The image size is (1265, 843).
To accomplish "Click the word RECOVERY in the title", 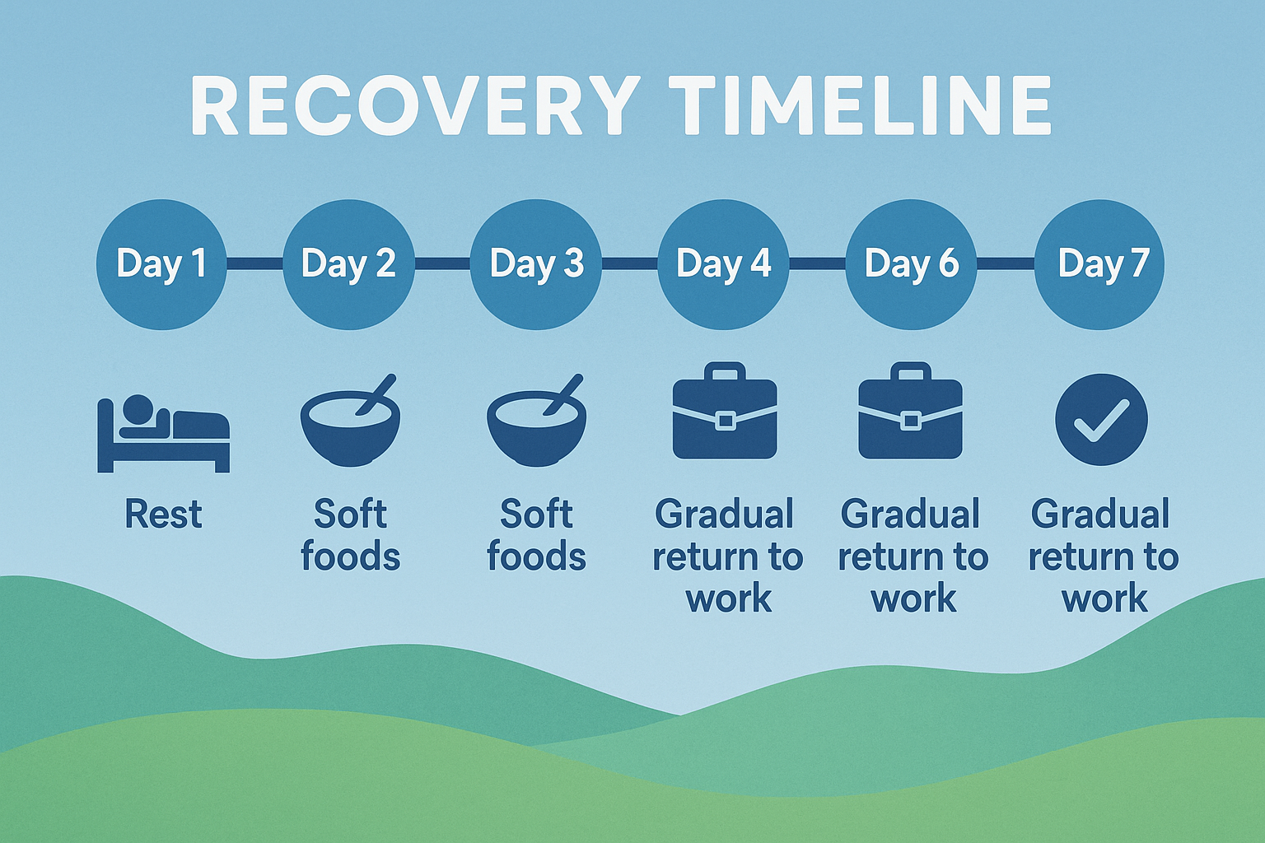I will pyautogui.click(x=415, y=106).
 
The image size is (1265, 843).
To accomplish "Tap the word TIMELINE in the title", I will pyautogui.click(x=860, y=106).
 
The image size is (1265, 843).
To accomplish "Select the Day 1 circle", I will pyautogui.click(x=161, y=264).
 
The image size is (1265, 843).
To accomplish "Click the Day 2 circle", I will pyautogui.click(x=348, y=264).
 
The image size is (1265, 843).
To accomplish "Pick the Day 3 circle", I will pyautogui.click(x=536, y=264).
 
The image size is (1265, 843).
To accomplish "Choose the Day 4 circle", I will pyautogui.click(x=723, y=264).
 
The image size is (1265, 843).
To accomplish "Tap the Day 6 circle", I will pyautogui.click(x=911, y=264).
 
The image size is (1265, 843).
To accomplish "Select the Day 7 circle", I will pyautogui.click(x=1099, y=264).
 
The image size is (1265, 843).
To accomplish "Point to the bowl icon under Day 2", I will pyautogui.click(x=350, y=424).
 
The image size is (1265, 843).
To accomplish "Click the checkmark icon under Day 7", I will pyautogui.click(x=1101, y=419).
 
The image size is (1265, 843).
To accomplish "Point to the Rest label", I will pyautogui.click(x=163, y=515).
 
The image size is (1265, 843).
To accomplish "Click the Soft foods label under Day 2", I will pyautogui.click(x=350, y=535).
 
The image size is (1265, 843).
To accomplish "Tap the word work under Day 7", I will pyautogui.click(x=1104, y=598).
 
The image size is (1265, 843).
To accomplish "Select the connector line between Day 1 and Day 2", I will pyautogui.click(x=254, y=263).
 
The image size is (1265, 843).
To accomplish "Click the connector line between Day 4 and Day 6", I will pyautogui.click(x=817, y=263).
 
